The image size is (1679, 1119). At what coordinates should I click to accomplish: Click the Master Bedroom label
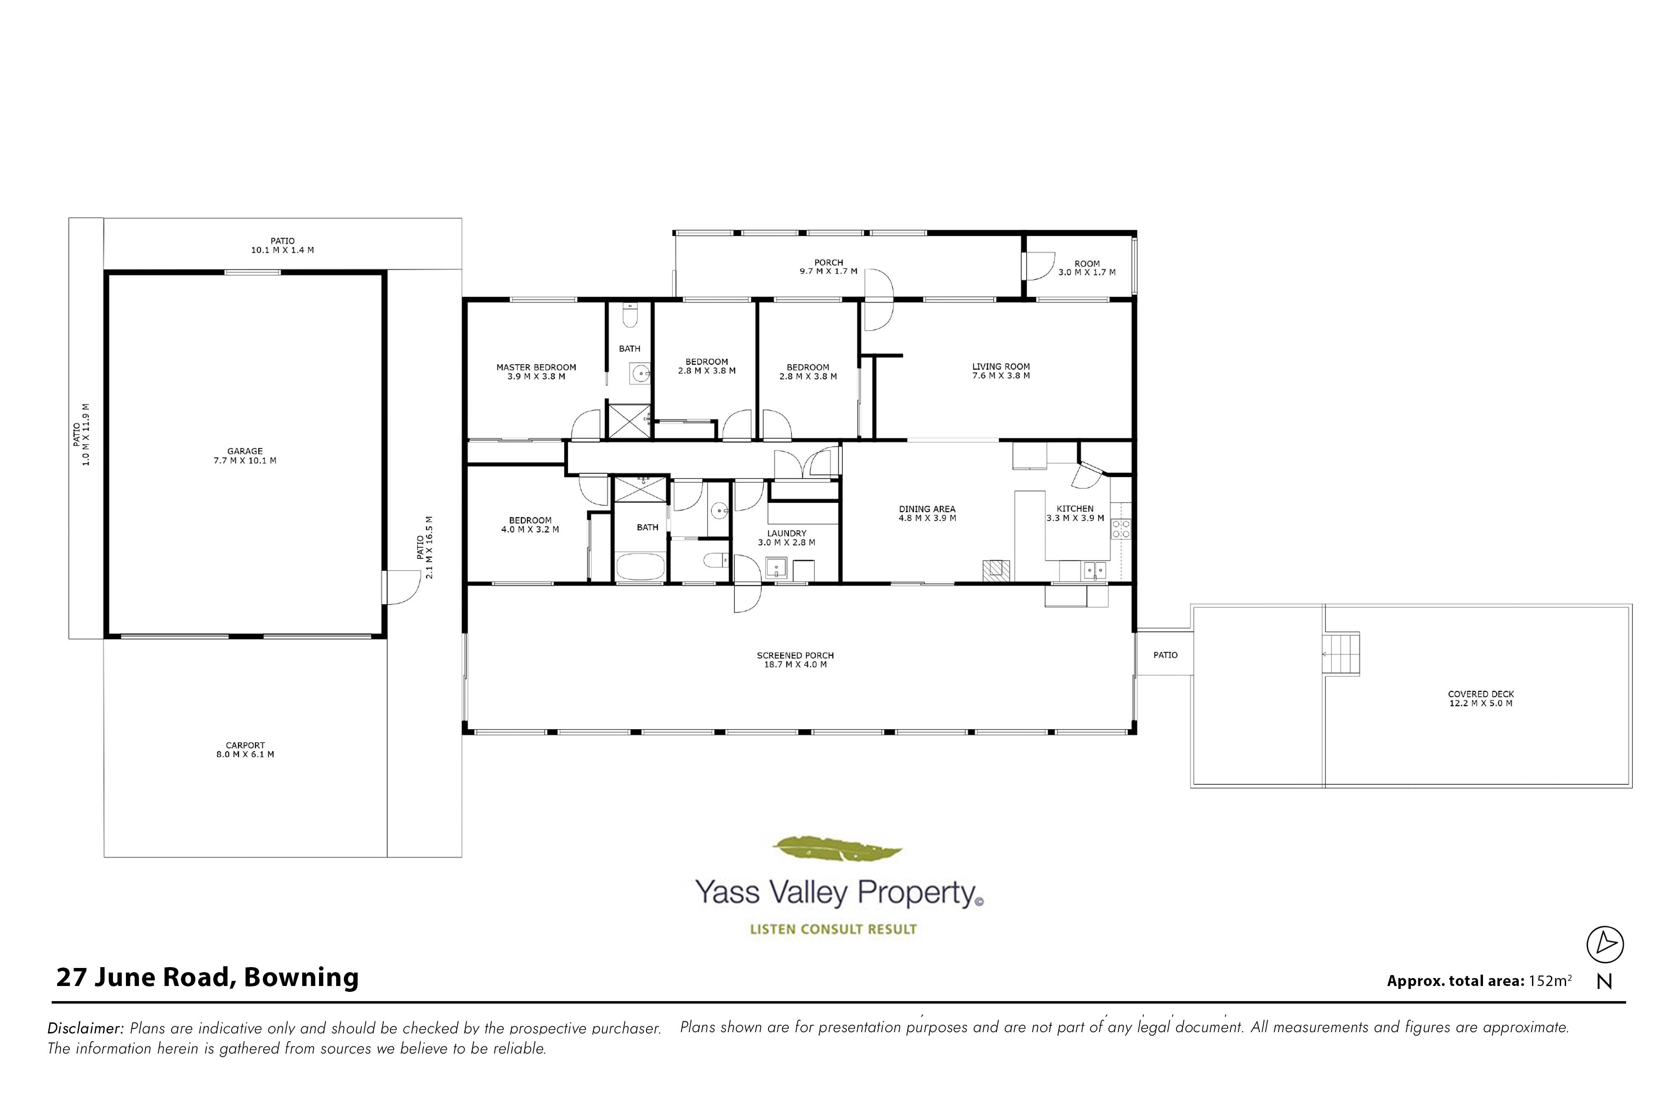click(x=536, y=372)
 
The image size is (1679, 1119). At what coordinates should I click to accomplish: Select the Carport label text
click(x=245, y=749)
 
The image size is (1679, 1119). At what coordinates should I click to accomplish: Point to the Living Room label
click(x=1001, y=371)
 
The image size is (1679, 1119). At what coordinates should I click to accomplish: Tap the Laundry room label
click(x=787, y=538)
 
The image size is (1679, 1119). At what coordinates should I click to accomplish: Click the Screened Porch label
click(x=795, y=660)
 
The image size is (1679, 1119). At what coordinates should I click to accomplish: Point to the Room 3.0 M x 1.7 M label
click(x=1086, y=268)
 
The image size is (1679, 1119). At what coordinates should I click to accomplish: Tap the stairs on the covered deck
click(x=1342, y=654)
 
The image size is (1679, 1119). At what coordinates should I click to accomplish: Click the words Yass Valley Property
click(x=835, y=893)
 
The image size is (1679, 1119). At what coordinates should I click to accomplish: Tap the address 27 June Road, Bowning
click(x=207, y=977)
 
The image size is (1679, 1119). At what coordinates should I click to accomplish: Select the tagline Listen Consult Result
click(x=833, y=929)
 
